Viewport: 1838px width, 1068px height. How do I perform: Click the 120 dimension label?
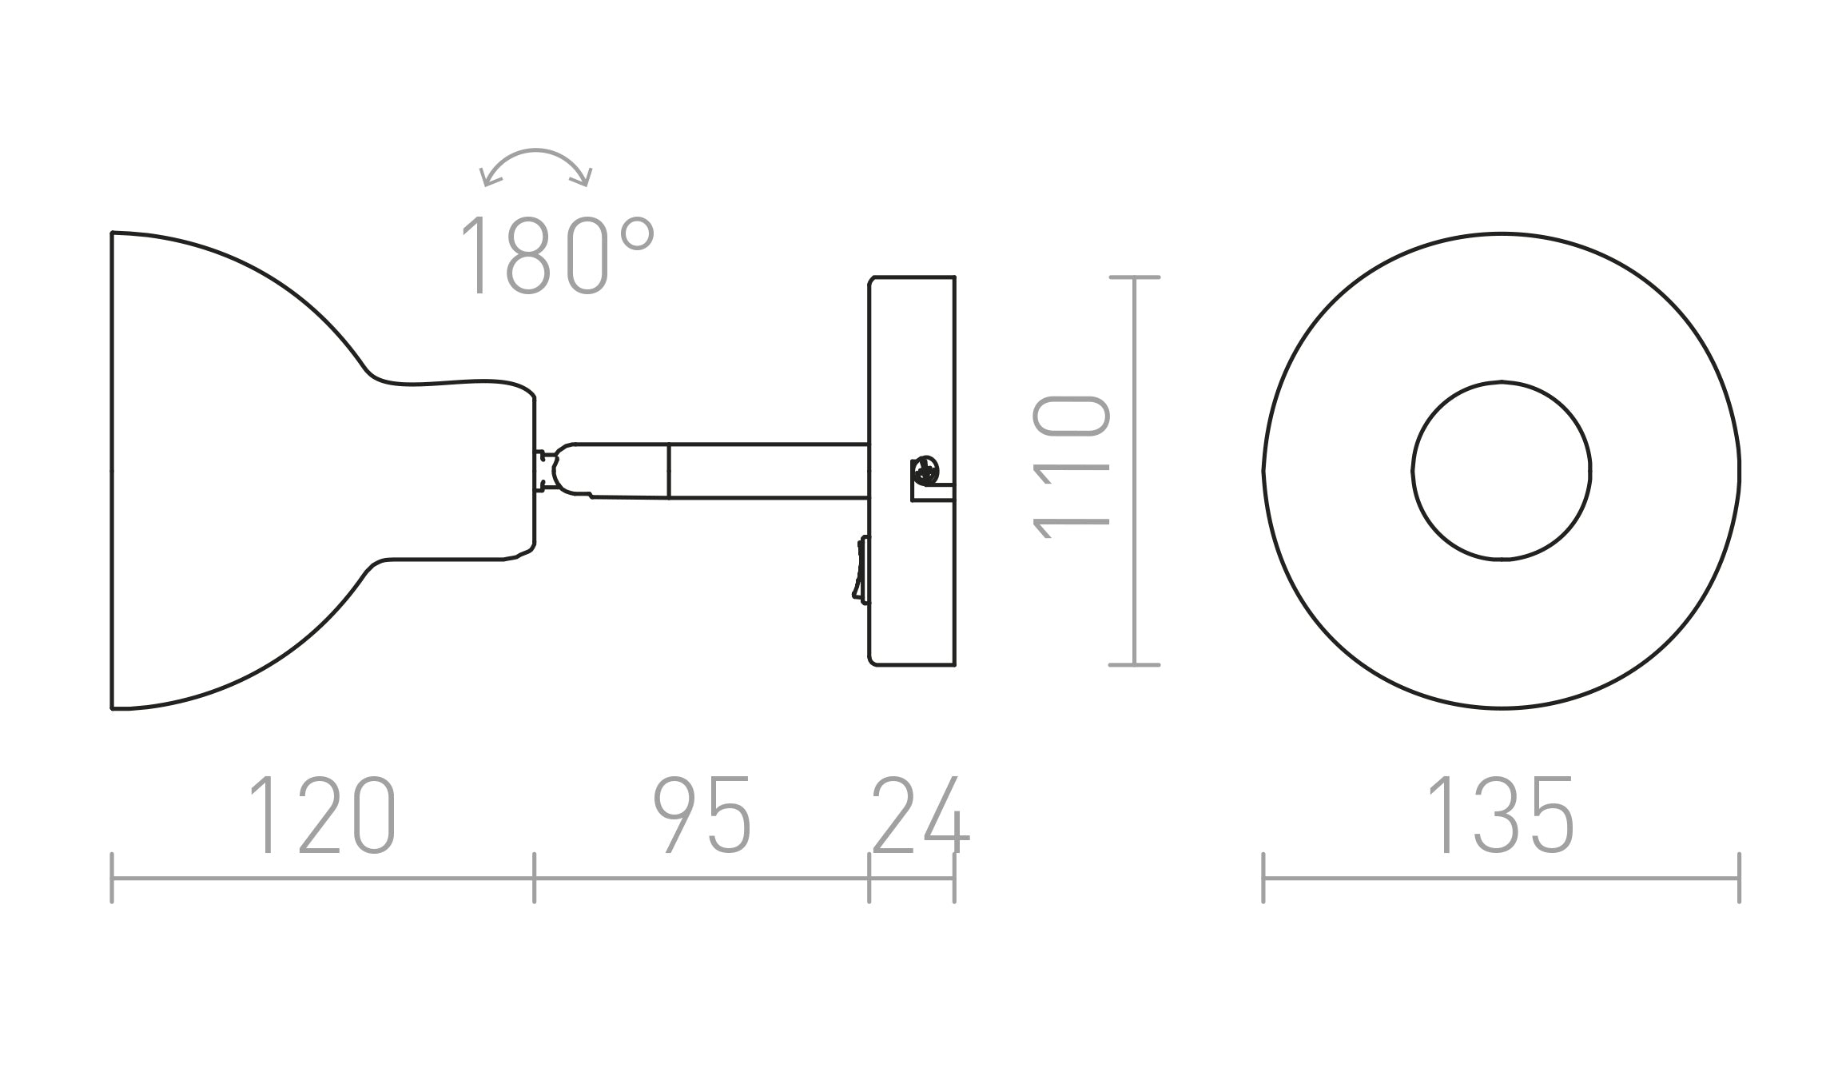pyautogui.click(x=322, y=815)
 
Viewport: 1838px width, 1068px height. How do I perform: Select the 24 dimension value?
pyautogui.click(x=920, y=815)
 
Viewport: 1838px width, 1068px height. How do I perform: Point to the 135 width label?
pyautogui.click(x=1500, y=815)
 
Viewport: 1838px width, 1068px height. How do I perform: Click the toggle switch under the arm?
pyautogui.click(x=861, y=568)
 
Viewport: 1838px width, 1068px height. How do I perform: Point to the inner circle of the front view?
pyautogui.click(x=1501, y=470)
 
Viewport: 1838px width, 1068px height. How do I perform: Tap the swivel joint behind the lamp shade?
pyautogui.click(x=551, y=470)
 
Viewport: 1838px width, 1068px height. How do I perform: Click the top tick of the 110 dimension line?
pyautogui.click(x=1135, y=277)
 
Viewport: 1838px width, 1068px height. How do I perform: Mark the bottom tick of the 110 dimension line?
pyautogui.click(x=1135, y=665)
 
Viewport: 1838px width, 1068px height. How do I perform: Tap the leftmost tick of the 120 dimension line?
pyautogui.click(x=112, y=878)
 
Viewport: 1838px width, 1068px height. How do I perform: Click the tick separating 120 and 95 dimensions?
pyautogui.click(x=534, y=878)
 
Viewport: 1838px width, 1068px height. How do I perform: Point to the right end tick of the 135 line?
pyautogui.click(x=1739, y=878)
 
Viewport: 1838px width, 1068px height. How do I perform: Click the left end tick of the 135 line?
pyautogui.click(x=1263, y=878)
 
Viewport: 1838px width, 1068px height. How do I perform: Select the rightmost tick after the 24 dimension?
pyautogui.click(x=954, y=878)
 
